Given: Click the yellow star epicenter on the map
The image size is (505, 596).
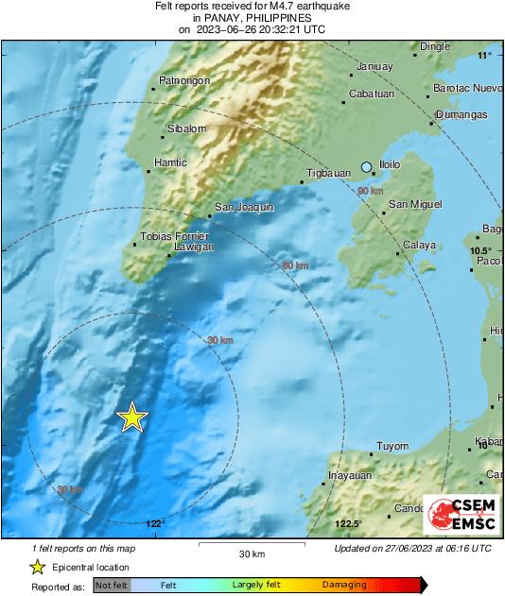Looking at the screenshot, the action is pyautogui.click(x=133, y=417).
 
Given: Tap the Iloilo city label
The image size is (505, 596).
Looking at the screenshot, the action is pyautogui.click(x=390, y=165).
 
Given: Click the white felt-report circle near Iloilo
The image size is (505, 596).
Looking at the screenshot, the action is pyautogui.click(x=367, y=167).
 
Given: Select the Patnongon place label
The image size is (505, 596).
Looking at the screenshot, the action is pyautogui.click(x=183, y=81).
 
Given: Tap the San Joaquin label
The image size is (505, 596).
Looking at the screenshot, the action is pyautogui.click(x=244, y=207).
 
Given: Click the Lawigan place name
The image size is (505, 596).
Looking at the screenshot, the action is pyautogui.click(x=194, y=247).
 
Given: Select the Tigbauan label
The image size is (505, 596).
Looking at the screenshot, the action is pyautogui.click(x=328, y=175).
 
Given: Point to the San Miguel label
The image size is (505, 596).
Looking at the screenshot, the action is pyautogui.click(x=415, y=204).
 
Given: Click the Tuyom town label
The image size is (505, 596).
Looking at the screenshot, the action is pyautogui.click(x=392, y=447).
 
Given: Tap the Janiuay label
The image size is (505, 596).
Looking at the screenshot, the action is pyautogui.click(x=376, y=66).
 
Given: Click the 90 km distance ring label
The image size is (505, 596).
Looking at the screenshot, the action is pyautogui.click(x=370, y=191).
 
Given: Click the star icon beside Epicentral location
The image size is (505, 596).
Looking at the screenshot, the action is pyautogui.click(x=37, y=567).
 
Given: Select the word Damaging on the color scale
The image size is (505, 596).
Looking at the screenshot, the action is pyautogui.click(x=344, y=585).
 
